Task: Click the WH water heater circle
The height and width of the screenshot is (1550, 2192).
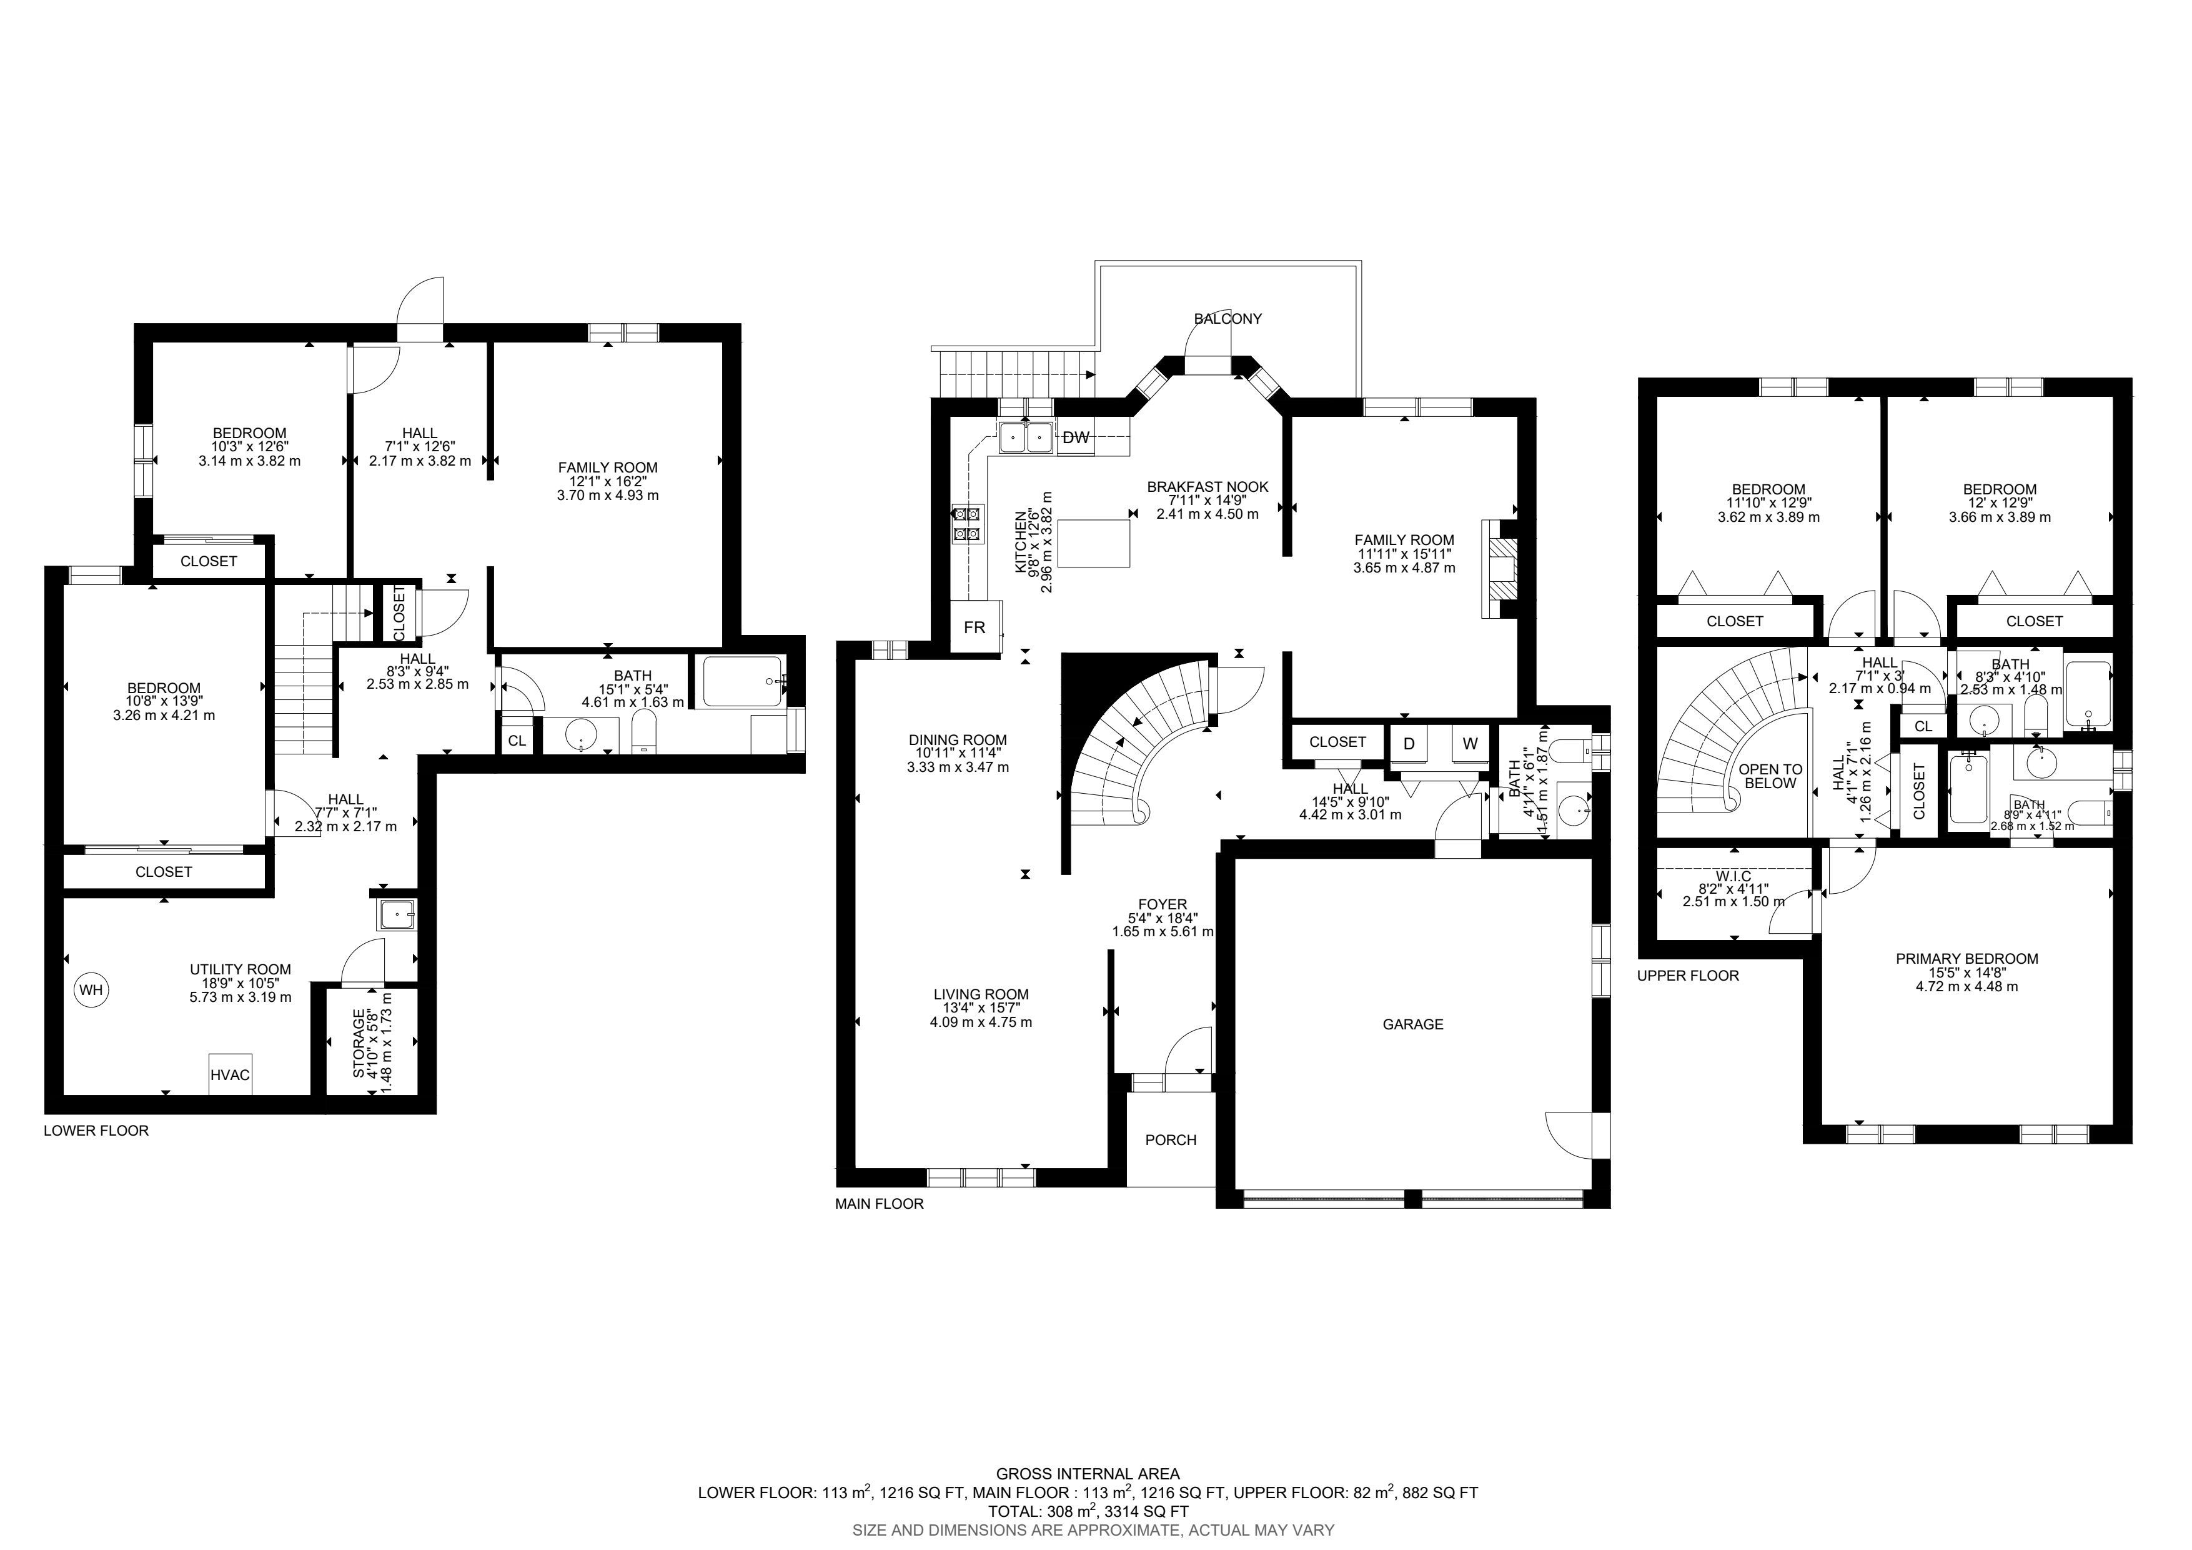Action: coord(91,989)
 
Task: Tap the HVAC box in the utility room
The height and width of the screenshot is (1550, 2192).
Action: coord(230,1074)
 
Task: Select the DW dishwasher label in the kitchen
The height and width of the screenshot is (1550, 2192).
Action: coord(1076,438)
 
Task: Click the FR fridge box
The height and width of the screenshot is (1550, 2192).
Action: coord(974,627)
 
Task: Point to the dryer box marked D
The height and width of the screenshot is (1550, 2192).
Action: coord(1409,744)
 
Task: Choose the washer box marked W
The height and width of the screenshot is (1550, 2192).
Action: coord(1470,744)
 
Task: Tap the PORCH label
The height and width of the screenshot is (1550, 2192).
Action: coord(1171,1140)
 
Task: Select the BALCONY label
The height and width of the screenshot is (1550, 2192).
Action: coord(1227,319)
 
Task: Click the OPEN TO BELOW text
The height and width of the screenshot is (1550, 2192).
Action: coord(1771,776)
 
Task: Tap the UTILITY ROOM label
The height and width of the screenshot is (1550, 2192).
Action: coord(241,969)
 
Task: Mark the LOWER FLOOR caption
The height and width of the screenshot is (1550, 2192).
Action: coord(96,1131)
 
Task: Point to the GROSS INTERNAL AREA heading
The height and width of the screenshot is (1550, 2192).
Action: coord(1088,1474)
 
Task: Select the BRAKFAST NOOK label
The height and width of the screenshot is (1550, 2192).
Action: coord(1208,487)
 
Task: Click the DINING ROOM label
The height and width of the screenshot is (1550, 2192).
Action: coord(958,740)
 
